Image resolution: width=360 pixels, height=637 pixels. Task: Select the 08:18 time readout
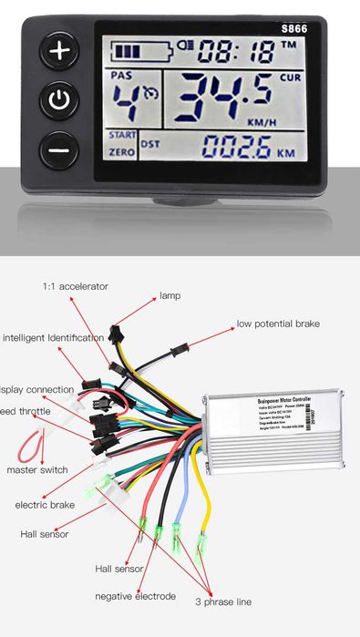(x=236, y=49)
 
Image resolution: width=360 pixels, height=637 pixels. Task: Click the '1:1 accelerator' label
(x=75, y=286)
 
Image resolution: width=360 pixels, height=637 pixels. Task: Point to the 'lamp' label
(x=170, y=295)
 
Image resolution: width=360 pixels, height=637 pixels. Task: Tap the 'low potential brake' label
(x=278, y=324)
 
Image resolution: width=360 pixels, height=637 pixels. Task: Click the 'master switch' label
(x=37, y=470)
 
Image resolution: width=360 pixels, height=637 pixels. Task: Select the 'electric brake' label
(x=45, y=504)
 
